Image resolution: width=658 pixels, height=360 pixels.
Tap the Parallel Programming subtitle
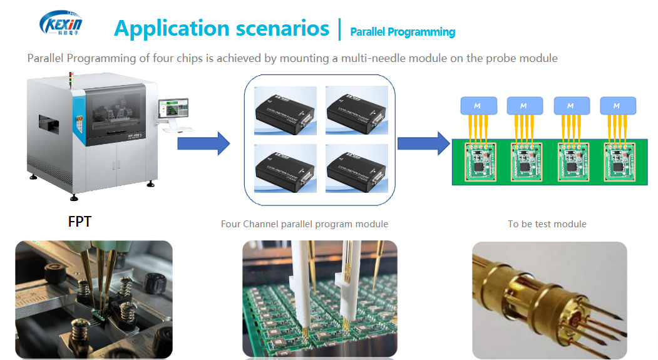403,32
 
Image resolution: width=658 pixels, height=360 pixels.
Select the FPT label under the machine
80,221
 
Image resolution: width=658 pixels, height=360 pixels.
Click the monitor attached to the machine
173,109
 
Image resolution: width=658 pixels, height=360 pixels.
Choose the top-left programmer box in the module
285,110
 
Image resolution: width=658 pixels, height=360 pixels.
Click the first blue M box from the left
478,105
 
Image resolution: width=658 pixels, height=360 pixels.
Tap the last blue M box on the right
618,105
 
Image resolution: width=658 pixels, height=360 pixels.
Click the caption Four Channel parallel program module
304,224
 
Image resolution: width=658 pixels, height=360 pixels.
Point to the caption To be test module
547,224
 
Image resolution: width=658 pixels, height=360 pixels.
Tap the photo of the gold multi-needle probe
549,299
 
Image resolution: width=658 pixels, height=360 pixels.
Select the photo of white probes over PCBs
319,299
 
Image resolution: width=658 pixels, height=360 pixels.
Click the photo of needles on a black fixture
93,299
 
